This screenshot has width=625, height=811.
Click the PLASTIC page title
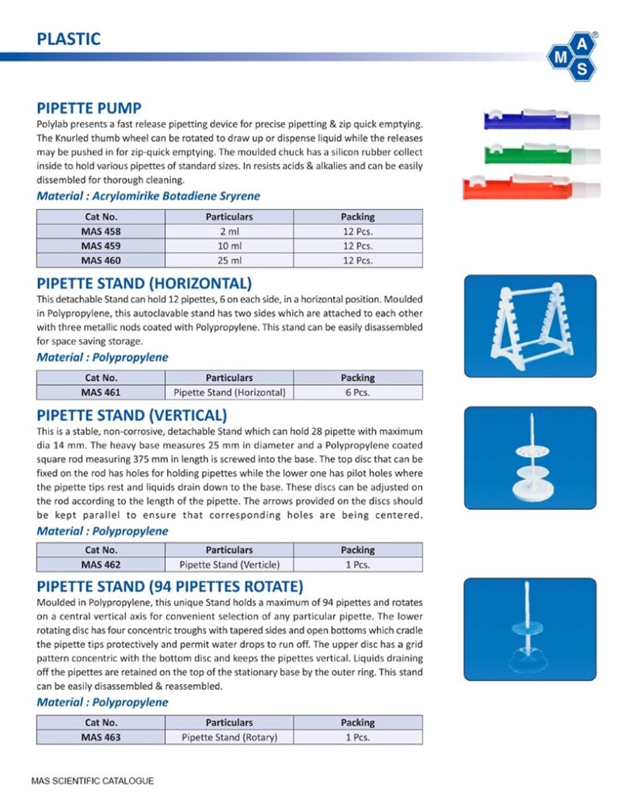pyautogui.click(x=69, y=38)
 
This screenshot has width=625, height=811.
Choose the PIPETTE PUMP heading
pyautogui.click(x=90, y=108)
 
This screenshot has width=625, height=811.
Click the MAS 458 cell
pyautogui.click(x=101, y=231)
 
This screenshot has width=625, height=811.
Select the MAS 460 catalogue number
pyautogui.click(x=101, y=260)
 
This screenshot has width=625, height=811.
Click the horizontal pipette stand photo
pyautogui.click(x=529, y=326)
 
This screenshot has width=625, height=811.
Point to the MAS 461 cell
pyautogui.click(x=101, y=392)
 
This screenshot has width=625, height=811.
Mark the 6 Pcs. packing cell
pyautogui.click(x=357, y=392)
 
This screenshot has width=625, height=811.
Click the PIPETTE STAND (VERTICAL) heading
pyautogui.click(x=132, y=415)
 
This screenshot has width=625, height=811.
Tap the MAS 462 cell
pyautogui.click(x=101, y=565)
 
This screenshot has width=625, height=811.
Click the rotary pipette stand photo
pyautogui.click(x=529, y=629)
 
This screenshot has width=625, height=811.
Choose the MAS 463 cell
pyautogui.click(x=101, y=737)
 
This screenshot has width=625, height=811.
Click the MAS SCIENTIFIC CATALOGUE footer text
pyautogui.click(x=93, y=781)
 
